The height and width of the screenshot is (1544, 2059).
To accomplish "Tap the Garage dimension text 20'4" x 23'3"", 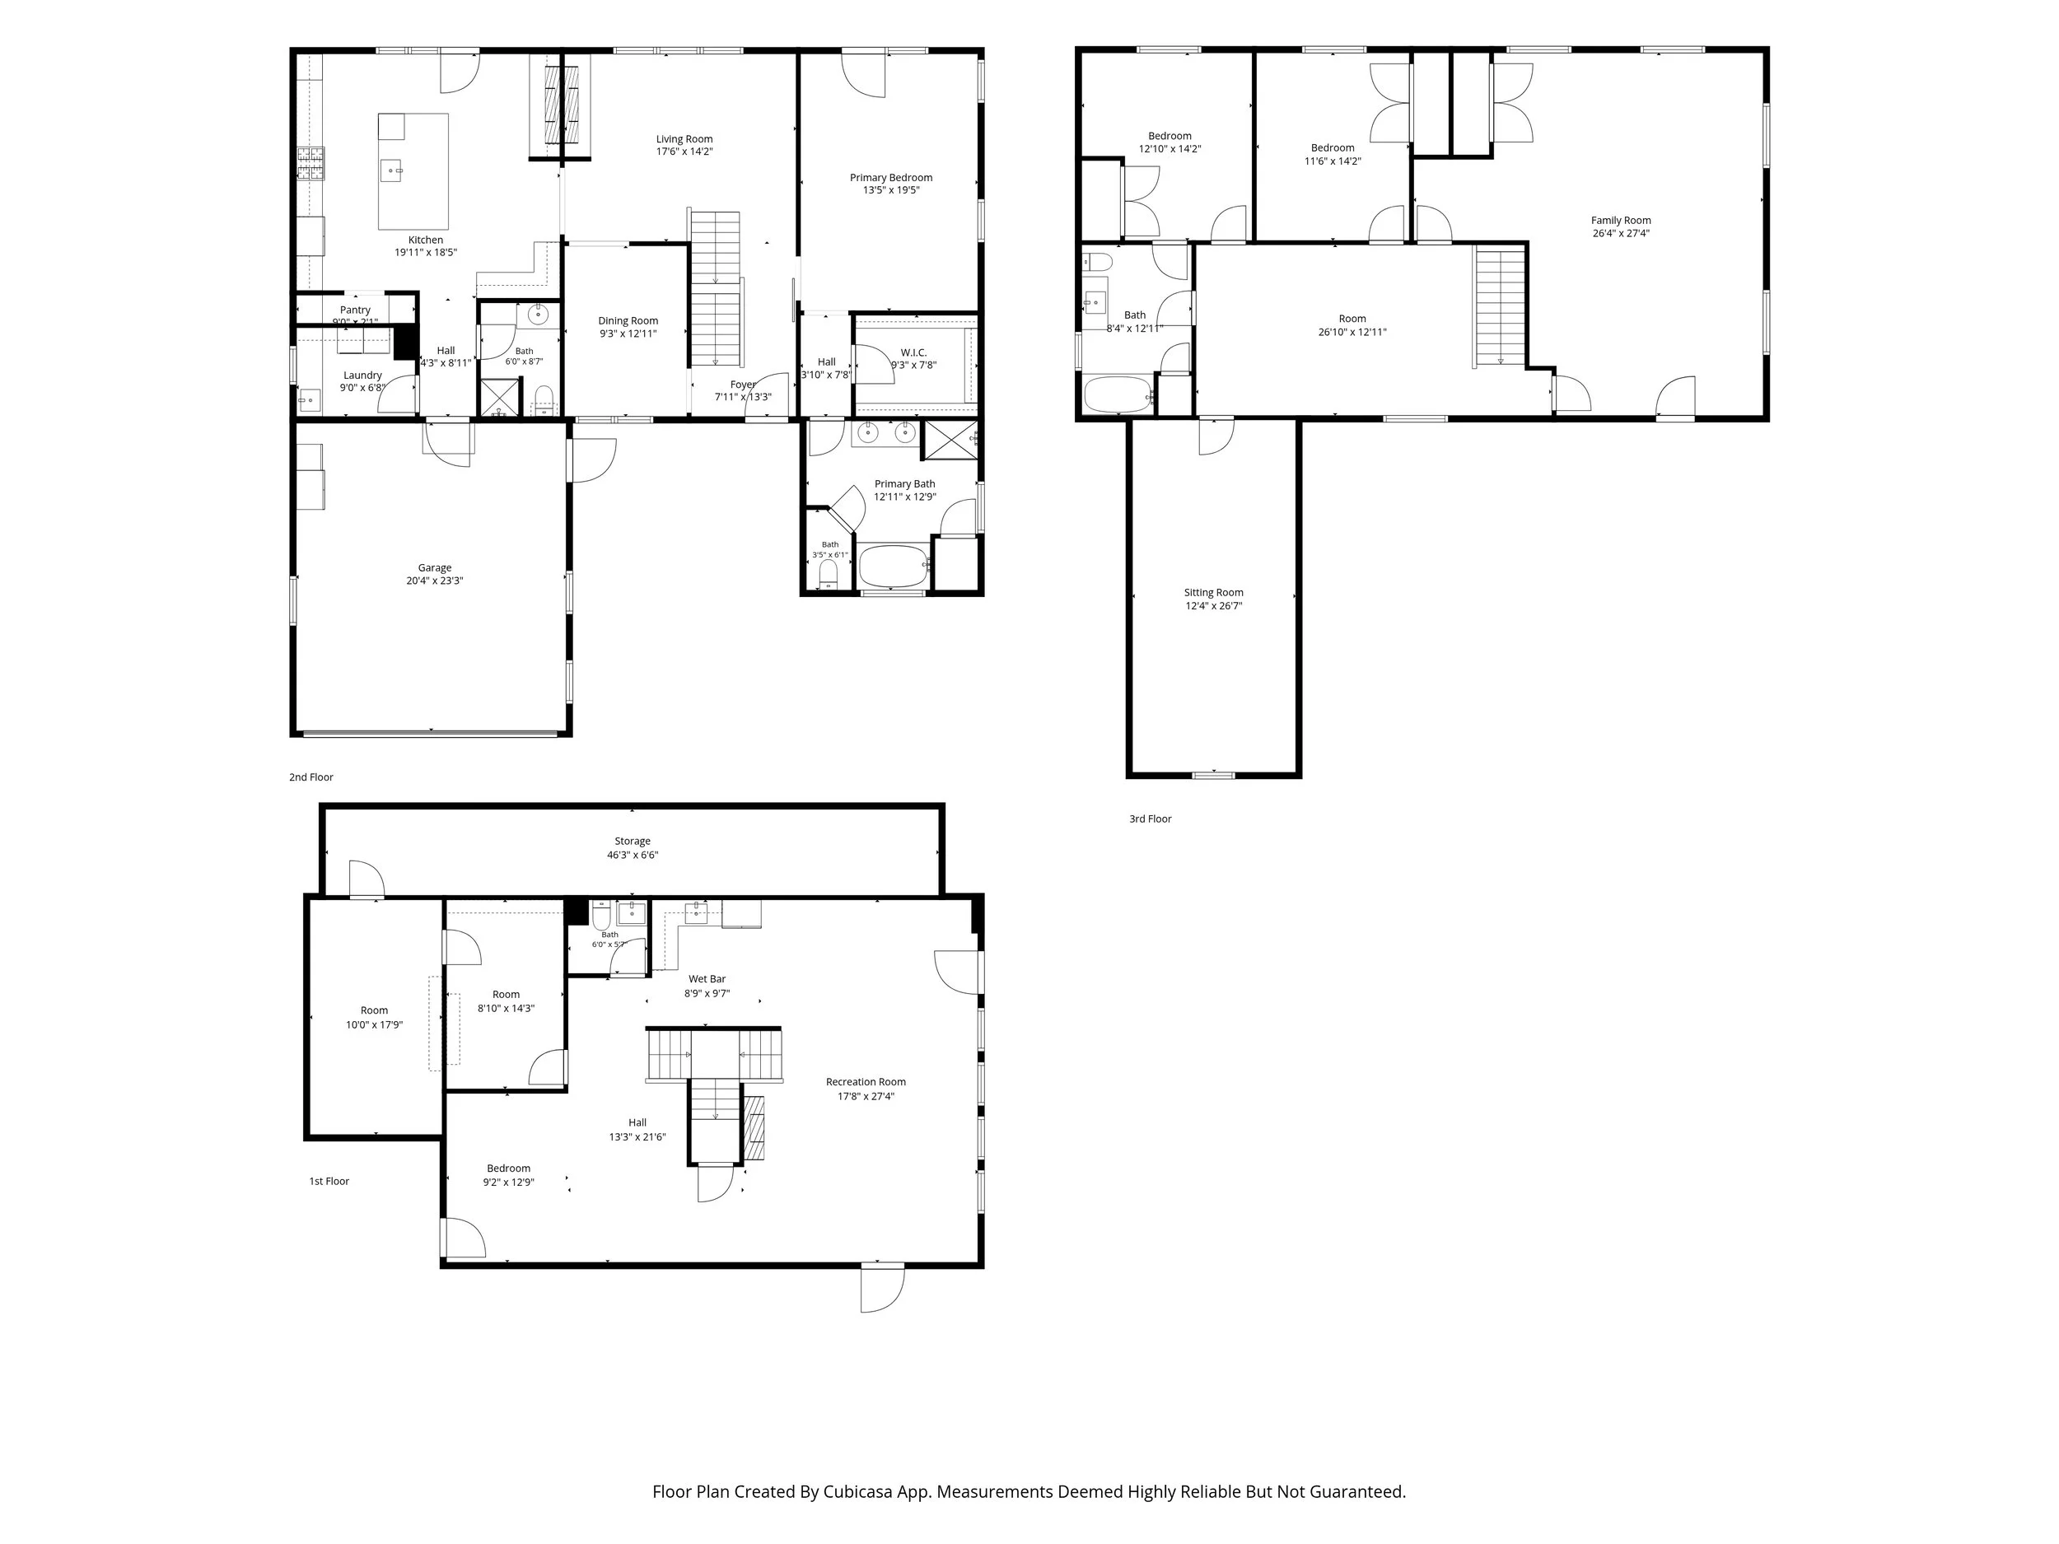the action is point(435,581).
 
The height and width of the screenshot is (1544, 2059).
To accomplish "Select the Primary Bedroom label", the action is point(891,178).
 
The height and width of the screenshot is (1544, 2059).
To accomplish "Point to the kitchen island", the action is point(413,171).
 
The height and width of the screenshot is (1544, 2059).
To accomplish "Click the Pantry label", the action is point(355,310).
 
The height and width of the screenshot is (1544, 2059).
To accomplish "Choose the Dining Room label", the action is point(628,321).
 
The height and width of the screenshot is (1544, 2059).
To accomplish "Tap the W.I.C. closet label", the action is point(914,352).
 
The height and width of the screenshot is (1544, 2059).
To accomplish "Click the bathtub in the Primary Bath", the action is point(894,565).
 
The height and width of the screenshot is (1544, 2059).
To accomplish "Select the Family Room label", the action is point(1621,221).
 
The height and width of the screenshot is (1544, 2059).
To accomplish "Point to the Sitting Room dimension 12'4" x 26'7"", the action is point(1214,606).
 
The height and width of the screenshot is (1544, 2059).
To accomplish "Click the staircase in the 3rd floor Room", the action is point(1500,306).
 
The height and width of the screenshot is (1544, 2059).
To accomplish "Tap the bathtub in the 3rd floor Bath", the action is point(1118,394).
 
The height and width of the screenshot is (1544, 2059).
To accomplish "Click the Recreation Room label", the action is point(866,1081).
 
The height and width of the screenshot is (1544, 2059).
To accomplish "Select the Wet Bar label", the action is point(707,979).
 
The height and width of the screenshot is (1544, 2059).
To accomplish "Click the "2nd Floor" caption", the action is point(310,777).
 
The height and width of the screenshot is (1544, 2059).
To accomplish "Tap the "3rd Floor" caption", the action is point(1151,819).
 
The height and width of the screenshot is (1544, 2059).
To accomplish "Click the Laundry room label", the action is point(362,375).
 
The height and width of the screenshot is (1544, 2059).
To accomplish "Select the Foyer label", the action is point(743,385).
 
